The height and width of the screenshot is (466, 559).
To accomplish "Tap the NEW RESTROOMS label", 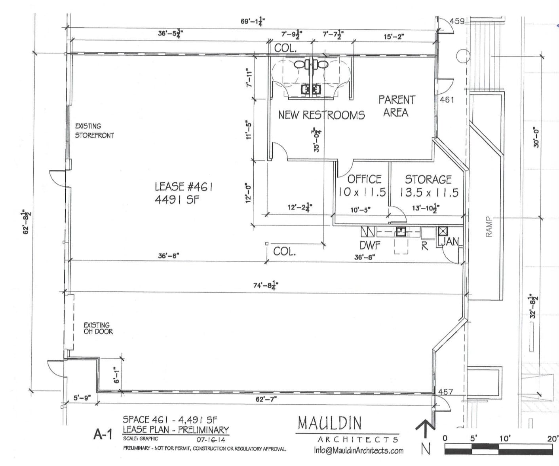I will [x=321, y=115].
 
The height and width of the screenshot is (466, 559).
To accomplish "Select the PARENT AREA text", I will [x=396, y=106].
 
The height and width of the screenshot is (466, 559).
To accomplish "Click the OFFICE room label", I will [x=364, y=179].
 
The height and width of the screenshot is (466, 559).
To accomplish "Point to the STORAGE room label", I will [x=428, y=180].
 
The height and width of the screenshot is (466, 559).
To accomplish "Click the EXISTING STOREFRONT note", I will [x=94, y=131].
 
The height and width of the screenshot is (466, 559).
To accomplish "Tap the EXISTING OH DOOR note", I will [x=98, y=328].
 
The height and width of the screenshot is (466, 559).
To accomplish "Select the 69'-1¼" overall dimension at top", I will [x=253, y=21].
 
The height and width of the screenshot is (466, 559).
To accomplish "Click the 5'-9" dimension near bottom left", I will [x=82, y=398].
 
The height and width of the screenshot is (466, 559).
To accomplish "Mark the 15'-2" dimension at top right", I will [x=394, y=37].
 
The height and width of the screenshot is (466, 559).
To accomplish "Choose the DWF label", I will [x=370, y=245].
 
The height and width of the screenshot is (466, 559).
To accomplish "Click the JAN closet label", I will [x=451, y=241].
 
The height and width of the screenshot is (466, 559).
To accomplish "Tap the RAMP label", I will [x=489, y=227].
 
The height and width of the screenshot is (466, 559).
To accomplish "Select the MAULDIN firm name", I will [x=329, y=423].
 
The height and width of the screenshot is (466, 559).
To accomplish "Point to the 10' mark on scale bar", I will [x=505, y=438].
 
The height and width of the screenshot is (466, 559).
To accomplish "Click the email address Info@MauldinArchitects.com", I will [x=359, y=450].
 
